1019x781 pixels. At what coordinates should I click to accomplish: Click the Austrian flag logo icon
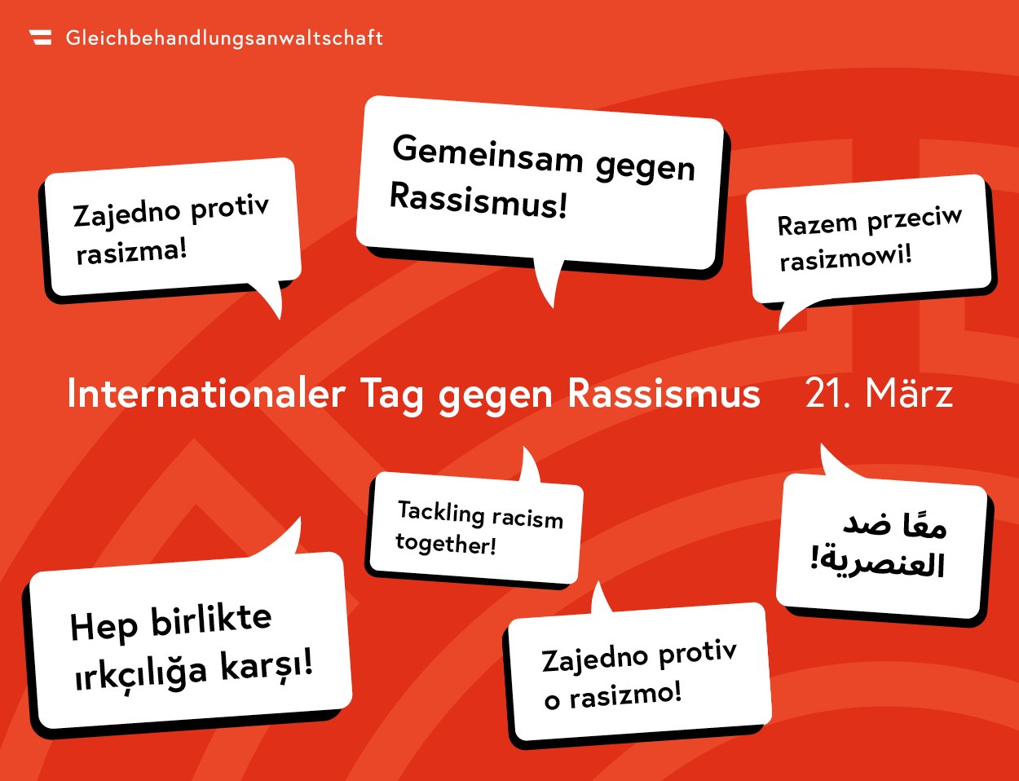coord(41,38)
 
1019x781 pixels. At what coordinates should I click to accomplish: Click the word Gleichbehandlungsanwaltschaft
coord(224,38)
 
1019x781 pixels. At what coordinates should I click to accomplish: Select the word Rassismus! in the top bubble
coord(478,201)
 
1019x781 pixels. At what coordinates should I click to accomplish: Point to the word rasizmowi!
coord(845,258)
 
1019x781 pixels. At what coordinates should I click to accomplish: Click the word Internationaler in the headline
coord(206,394)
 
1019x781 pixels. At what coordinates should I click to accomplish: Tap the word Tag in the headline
coord(391,395)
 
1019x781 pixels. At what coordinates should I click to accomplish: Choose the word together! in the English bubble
coord(446,544)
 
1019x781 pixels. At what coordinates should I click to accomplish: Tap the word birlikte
coord(211,621)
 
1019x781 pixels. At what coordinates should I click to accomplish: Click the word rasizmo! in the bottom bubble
coord(624,695)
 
